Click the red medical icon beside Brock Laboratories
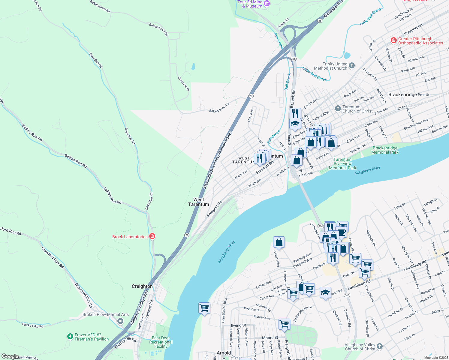click(x=152, y=237)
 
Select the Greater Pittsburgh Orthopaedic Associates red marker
click(x=393, y=40)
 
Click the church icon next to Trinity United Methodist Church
click(x=352, y=66)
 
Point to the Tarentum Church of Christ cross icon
click(x=338, y=108)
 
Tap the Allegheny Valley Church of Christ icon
click(x=380, y=346)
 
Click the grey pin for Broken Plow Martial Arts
click(x=120, y=321)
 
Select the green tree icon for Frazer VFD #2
click(x=70, y=337)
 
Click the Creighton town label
click(x=142, y=286)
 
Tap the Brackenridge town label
click(x=402, y=94)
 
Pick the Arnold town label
click(x=224, y=353)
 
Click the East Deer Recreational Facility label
click(x=161, y=342)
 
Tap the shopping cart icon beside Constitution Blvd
click(x=204, y=308)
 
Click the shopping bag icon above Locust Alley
click(x=279, y=242)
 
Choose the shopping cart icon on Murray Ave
click(x=284, y=324)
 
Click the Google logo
click(x=10, y=356)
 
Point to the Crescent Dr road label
click(x=184, y=84)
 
